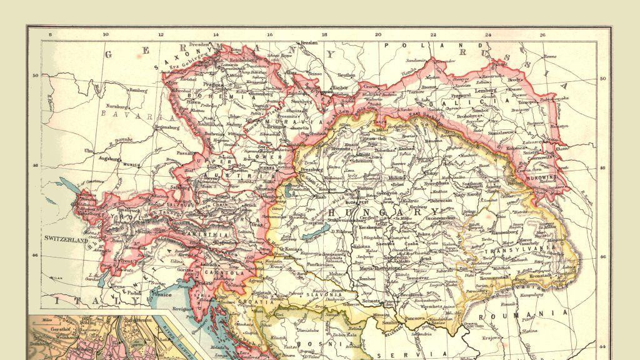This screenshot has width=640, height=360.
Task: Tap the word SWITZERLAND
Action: pyautogui.click(x=68, y=238)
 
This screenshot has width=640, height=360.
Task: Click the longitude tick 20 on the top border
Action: pyautogui.click(x=377, y=36)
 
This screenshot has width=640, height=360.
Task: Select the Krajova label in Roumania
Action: pyautogui.click(x=491, y=337)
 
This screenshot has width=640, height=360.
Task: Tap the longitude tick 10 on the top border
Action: pyautogui.click(x=106, y=36)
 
